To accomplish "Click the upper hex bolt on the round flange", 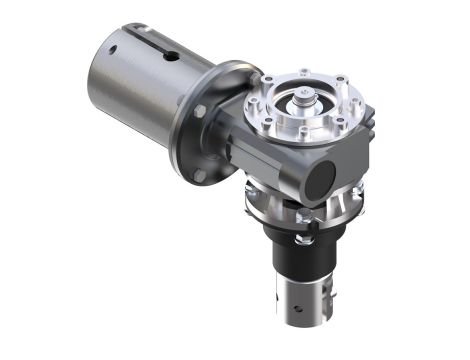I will (x=199, y=111).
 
